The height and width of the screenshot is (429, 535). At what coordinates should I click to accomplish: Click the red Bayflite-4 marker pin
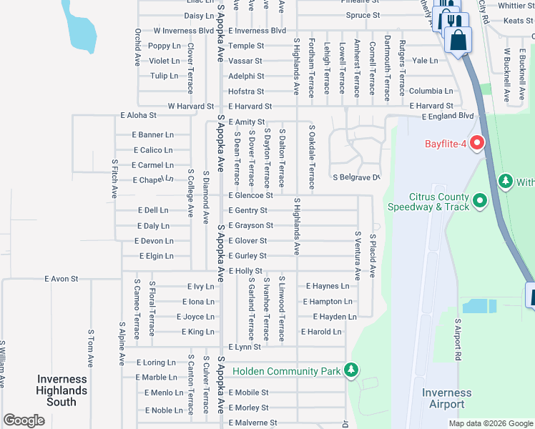click(x=476, y=143)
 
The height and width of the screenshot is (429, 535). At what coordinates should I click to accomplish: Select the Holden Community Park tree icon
click(x=350, y=370)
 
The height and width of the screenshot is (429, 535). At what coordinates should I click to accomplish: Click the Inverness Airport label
click(x=446, y=398)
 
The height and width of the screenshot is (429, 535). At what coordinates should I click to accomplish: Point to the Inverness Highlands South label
click(x=62, y=390)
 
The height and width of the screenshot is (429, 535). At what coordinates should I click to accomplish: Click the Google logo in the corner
click(x=24, y=420)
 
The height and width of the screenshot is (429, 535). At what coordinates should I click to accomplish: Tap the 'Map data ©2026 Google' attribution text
click(x=491, y=423)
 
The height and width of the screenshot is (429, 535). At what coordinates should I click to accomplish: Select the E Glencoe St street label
click(x=250, y=195)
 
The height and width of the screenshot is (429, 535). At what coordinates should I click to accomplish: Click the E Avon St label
click(x=61, y=278)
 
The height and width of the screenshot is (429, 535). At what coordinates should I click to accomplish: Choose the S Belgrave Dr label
click(x=355, y=177)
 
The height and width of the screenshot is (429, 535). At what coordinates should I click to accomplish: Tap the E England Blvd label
click(x=448, y=116)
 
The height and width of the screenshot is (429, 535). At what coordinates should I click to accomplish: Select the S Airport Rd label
click(x=457, y=340)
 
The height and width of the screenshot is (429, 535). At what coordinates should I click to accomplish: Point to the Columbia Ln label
click(x=431, y=92)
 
